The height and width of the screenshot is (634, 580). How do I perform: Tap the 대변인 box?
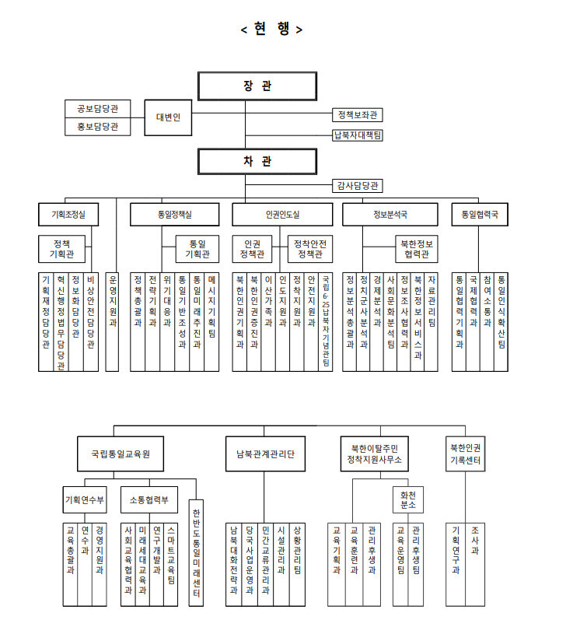point(168,117)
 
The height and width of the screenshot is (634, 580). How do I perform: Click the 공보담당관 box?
point(98,108)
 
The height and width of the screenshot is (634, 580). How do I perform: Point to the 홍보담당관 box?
point(98,126)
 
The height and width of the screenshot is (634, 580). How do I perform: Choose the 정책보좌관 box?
point(358,115)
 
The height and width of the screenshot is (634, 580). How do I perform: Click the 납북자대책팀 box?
point(358,135)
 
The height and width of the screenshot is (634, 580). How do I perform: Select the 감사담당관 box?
point(358,186)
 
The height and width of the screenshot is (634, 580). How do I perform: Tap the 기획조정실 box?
point(68,213)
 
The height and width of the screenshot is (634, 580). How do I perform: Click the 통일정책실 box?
point(172,213)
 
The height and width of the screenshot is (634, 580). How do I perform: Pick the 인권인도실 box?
point(282,213)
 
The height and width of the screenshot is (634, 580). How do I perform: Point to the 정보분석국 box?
point(390,213)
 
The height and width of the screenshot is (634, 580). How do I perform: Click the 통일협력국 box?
point(480,213)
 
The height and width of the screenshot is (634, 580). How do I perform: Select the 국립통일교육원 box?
point(121,453)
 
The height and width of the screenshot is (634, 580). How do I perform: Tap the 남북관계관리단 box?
point(266,453)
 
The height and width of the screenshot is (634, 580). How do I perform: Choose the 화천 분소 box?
point(408,499)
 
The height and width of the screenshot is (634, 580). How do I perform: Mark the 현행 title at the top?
point(272,30)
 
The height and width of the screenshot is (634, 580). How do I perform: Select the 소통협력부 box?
point(149,499)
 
